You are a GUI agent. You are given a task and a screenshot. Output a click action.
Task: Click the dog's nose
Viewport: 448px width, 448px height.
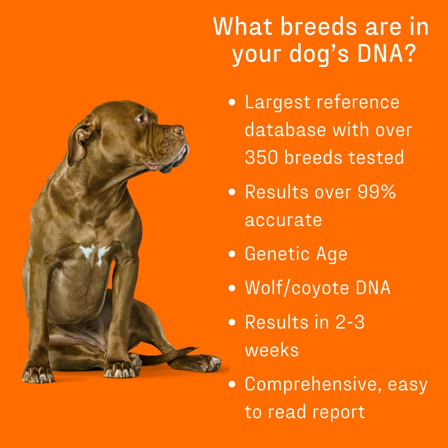point(179,131)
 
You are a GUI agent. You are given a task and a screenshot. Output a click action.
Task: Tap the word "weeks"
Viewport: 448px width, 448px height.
point(272,350)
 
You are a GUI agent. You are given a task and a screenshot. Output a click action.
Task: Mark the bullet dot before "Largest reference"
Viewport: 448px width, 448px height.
point(232,102)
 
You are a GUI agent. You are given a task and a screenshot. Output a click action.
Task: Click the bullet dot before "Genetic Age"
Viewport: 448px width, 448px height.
point(232,254)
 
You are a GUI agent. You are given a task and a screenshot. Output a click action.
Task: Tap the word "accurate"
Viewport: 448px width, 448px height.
point(283,219)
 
